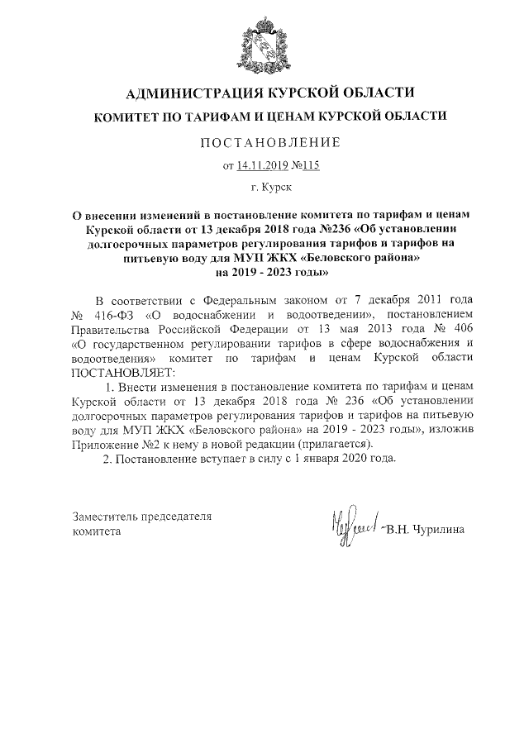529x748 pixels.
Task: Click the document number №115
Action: point(304,165)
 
